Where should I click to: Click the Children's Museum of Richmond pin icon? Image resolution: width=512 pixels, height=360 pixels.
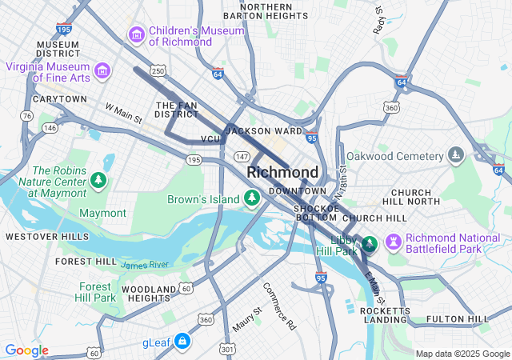coord(136,35)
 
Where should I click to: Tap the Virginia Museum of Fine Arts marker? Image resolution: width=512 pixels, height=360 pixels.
coord(102,72)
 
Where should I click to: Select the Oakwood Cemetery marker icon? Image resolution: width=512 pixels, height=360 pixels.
coord(455,154)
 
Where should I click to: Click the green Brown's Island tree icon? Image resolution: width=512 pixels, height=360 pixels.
coord(252,197)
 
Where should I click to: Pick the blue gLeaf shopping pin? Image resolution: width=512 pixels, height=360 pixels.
coord(182,342)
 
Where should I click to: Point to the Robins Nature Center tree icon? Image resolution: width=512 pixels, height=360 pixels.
coord(98,180)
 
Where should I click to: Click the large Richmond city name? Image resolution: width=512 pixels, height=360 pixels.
coord(282,172)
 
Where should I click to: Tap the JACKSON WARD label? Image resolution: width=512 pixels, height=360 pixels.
coord(264,130)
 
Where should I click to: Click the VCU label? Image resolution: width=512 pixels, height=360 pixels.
coord(210,139)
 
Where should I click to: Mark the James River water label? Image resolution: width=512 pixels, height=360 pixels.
coord(145,264)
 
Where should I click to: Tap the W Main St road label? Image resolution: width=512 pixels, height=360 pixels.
coord(123,113)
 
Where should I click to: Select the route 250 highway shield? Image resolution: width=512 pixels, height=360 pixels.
coord(159,72)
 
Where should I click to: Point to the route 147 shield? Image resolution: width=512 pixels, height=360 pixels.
coord(242,156)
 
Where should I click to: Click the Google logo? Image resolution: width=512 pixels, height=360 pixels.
coord(26,350)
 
